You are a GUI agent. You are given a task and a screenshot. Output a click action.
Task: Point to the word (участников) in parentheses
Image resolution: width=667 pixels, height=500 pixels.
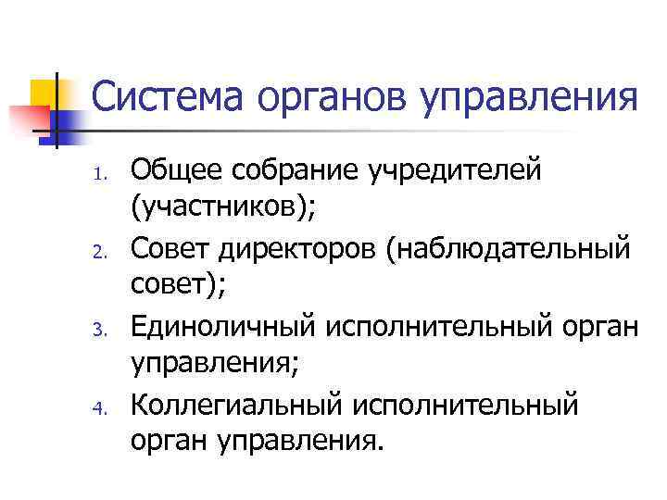223,208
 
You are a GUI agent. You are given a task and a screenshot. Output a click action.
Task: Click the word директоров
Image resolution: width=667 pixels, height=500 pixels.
289,247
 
